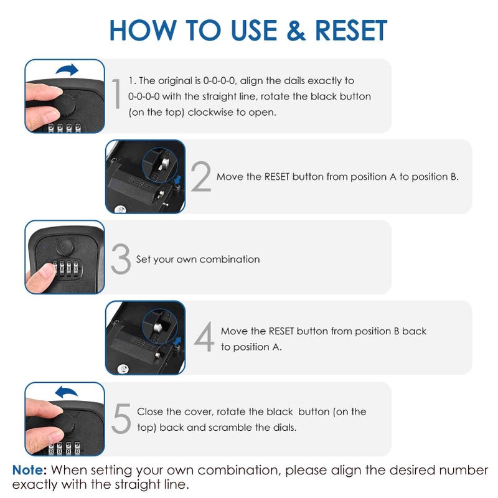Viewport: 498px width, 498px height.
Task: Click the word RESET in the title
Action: (x=351, y=31)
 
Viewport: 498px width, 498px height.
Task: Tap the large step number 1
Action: (x=116, y=95)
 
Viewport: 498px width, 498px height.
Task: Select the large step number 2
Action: (x=201, y=177)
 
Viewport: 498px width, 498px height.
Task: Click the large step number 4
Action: (x=204, y=337)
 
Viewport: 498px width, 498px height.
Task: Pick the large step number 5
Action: (x=121, y=419)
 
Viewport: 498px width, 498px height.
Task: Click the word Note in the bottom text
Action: (x=29, y=470)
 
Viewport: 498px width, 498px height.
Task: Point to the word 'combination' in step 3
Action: (x=228, y=259)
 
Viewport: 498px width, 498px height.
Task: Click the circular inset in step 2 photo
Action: (x=161, y=164)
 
